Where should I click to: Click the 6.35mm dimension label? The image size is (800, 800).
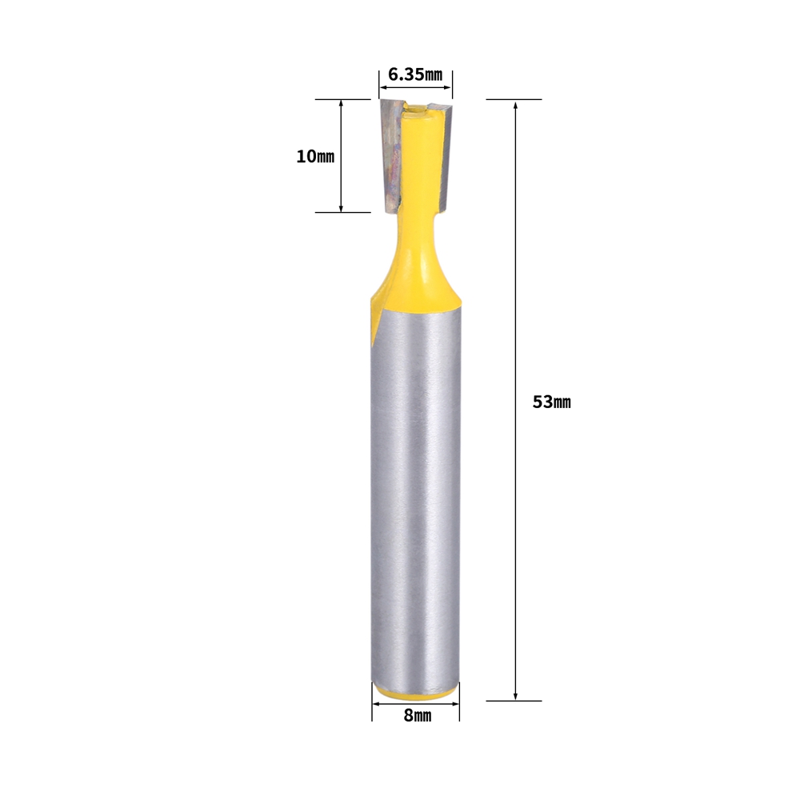coord(415,74)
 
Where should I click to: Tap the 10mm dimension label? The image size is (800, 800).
coord(315,156)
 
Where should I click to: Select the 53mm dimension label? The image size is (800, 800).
coord(551,402)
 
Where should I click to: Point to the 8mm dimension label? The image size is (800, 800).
coord(418,716)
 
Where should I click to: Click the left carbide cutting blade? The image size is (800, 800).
coord(392,156)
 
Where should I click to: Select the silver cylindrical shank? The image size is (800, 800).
coord(415,495)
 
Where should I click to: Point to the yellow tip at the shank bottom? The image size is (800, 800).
coord(415,693)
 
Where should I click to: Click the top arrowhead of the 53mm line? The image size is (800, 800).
coord(515,104)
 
